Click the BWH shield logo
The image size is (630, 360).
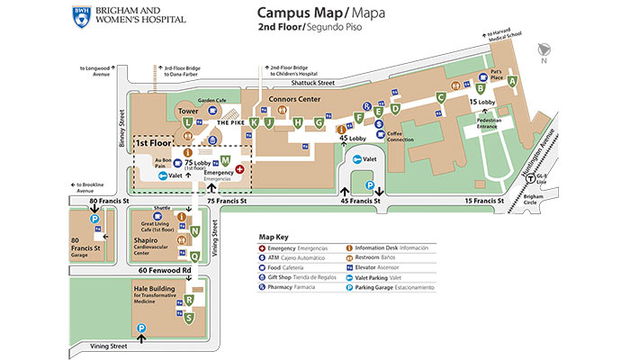tap(82, 14)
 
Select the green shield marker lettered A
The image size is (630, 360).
tap(512, 82)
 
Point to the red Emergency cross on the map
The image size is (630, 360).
tap(239, 168)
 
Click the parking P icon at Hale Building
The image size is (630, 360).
tap(140, 339)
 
